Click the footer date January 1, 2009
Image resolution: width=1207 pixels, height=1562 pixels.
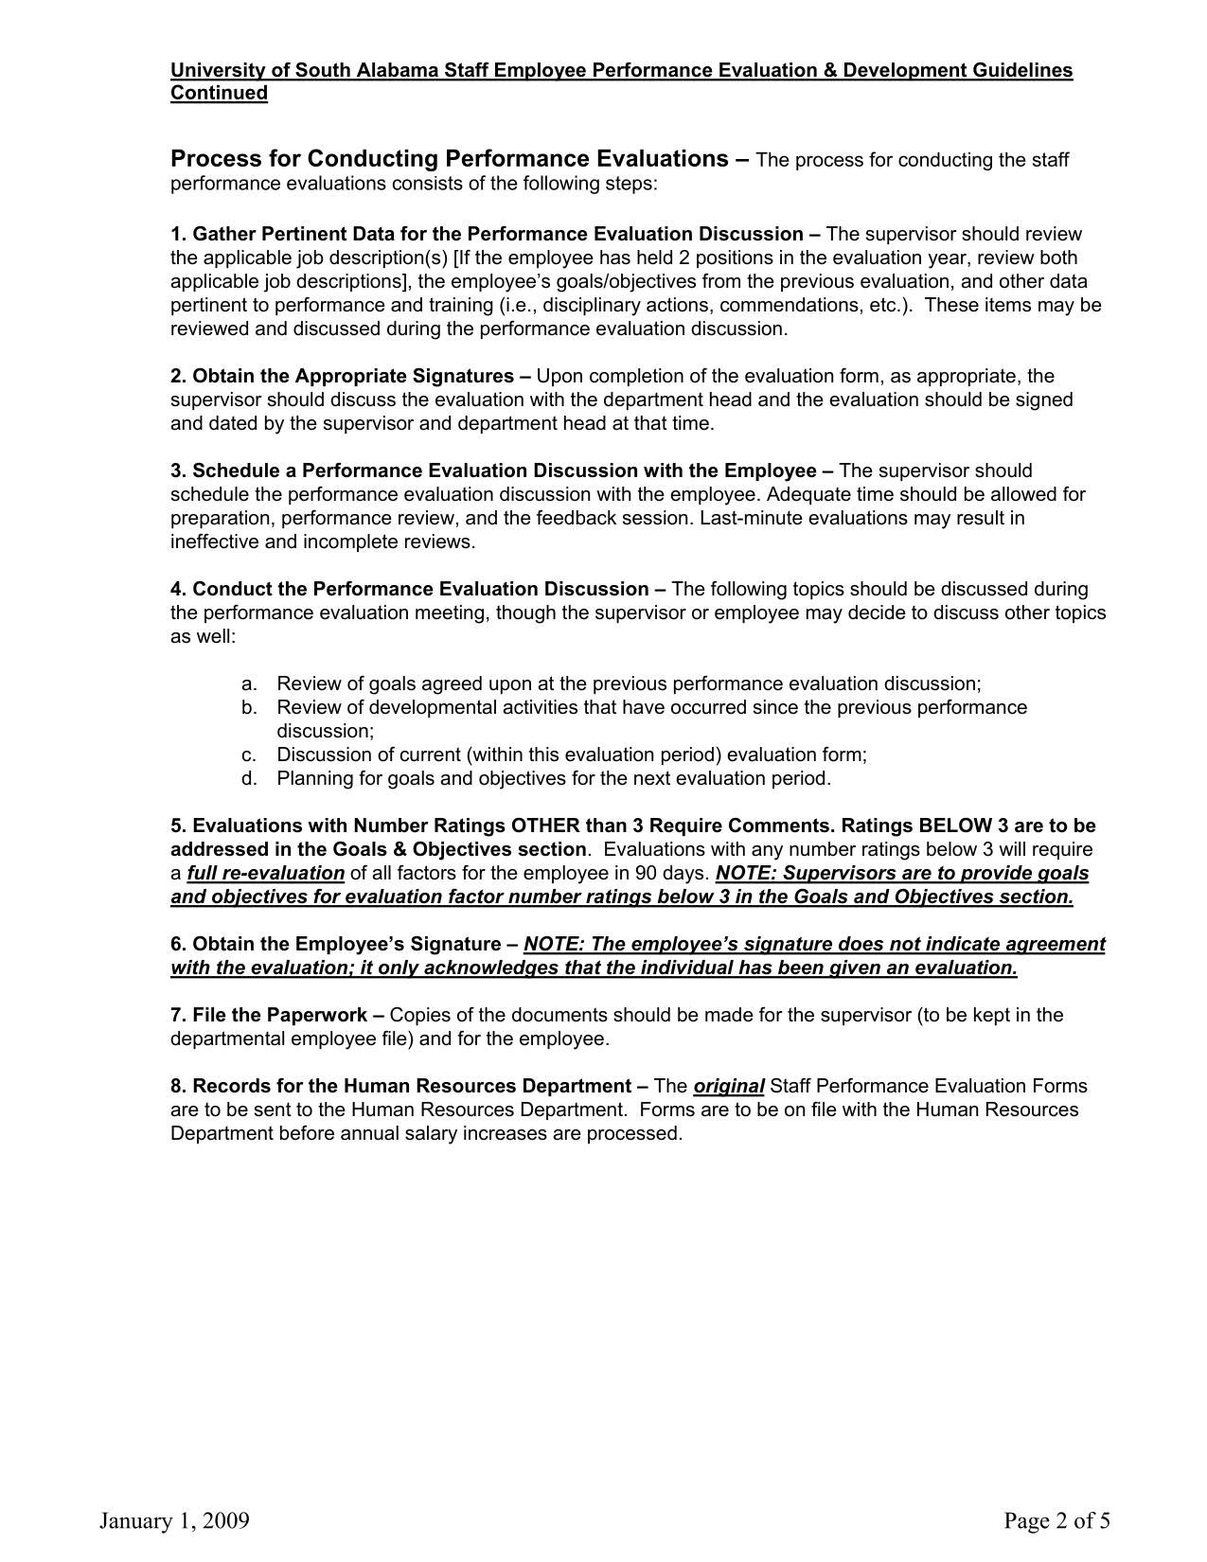coord(174,1520)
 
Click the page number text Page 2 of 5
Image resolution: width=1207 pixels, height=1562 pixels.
coord(1057,1520)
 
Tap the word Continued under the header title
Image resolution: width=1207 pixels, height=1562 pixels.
coord(219,93)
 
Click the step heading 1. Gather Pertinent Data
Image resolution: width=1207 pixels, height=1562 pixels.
coord(487,234)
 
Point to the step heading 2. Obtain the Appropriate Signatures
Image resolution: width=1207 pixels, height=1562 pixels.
coord(342,376)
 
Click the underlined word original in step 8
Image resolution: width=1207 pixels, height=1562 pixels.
coord(729,1086)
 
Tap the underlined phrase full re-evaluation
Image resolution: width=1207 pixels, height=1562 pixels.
coord(265,873)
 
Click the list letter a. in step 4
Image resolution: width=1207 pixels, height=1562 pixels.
coord(248,683)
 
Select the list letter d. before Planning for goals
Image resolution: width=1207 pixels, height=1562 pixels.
coord(248,778)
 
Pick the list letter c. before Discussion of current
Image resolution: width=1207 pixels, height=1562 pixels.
coord(248,754)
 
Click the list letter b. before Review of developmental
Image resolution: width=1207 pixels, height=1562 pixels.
coord(248,707)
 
